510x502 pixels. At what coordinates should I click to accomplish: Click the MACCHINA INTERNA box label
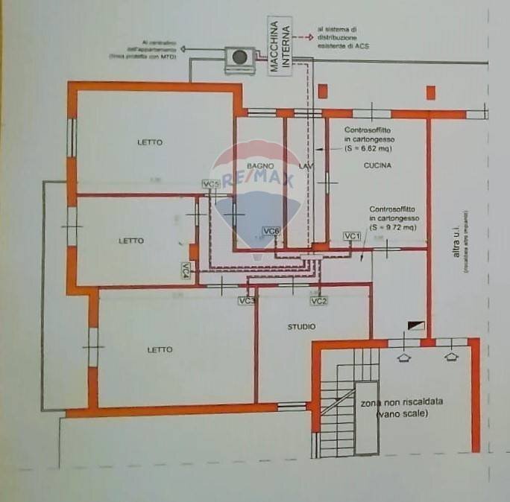coord(280,45)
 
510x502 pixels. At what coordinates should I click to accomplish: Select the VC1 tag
coord(352,235)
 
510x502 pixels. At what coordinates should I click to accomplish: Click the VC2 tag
coord(318,301)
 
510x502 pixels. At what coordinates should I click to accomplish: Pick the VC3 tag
coord(247,301)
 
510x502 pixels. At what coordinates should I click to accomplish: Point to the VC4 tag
coord(186,271)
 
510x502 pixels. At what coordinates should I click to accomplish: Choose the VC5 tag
coord(211,184)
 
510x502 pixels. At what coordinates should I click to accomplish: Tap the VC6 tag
coord(271,232)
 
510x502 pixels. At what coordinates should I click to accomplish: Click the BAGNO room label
coord(262,165)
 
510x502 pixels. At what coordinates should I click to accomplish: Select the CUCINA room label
coord(378,165)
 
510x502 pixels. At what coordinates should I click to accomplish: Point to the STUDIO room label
coord(301,327)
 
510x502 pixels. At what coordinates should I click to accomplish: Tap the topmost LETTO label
coord(149,142)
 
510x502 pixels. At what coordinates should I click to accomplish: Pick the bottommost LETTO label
coord(160,349)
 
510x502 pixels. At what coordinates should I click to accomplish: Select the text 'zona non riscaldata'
coord(401,402)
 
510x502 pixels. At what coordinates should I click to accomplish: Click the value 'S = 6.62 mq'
coord(370,148)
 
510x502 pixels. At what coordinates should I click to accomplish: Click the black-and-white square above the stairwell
coord(416,325)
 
